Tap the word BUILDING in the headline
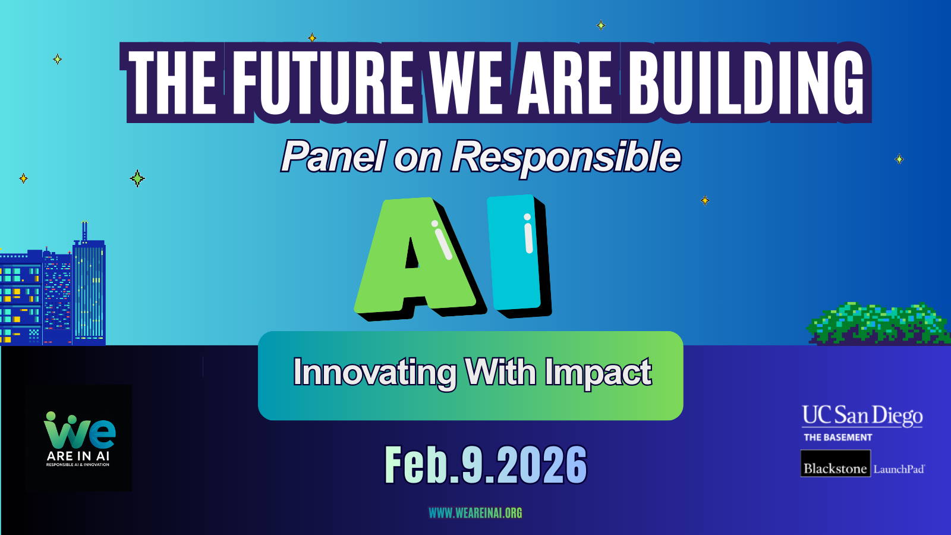click(746, 83)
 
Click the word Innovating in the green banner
click(374, 372)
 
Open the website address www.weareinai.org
click(475, 513)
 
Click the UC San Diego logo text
click(862, 416)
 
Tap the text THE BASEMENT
click(838, 438)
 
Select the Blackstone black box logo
click(836, 463)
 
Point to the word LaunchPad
click(899, 469)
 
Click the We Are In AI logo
click(78, 438)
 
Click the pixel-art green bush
click(879, 323)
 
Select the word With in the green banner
click(502, 372)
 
